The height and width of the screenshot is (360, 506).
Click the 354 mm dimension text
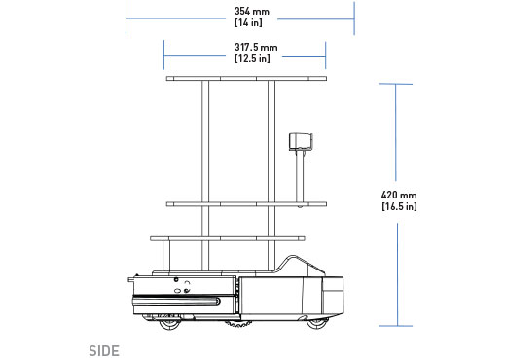coord(252,12)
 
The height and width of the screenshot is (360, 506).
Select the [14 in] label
coord(248,22)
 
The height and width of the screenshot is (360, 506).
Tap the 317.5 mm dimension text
coord(256,48)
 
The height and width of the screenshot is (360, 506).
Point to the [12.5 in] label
coord(252,58)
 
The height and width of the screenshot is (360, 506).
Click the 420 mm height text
coord(399,195)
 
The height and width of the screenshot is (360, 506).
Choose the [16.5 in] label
coord(399,206)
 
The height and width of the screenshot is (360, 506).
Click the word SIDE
coord(104,351)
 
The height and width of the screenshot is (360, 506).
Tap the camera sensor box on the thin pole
coord(301,142)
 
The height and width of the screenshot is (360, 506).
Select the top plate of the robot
coord(246,79)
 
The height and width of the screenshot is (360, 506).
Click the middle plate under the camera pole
coord(246,204)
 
